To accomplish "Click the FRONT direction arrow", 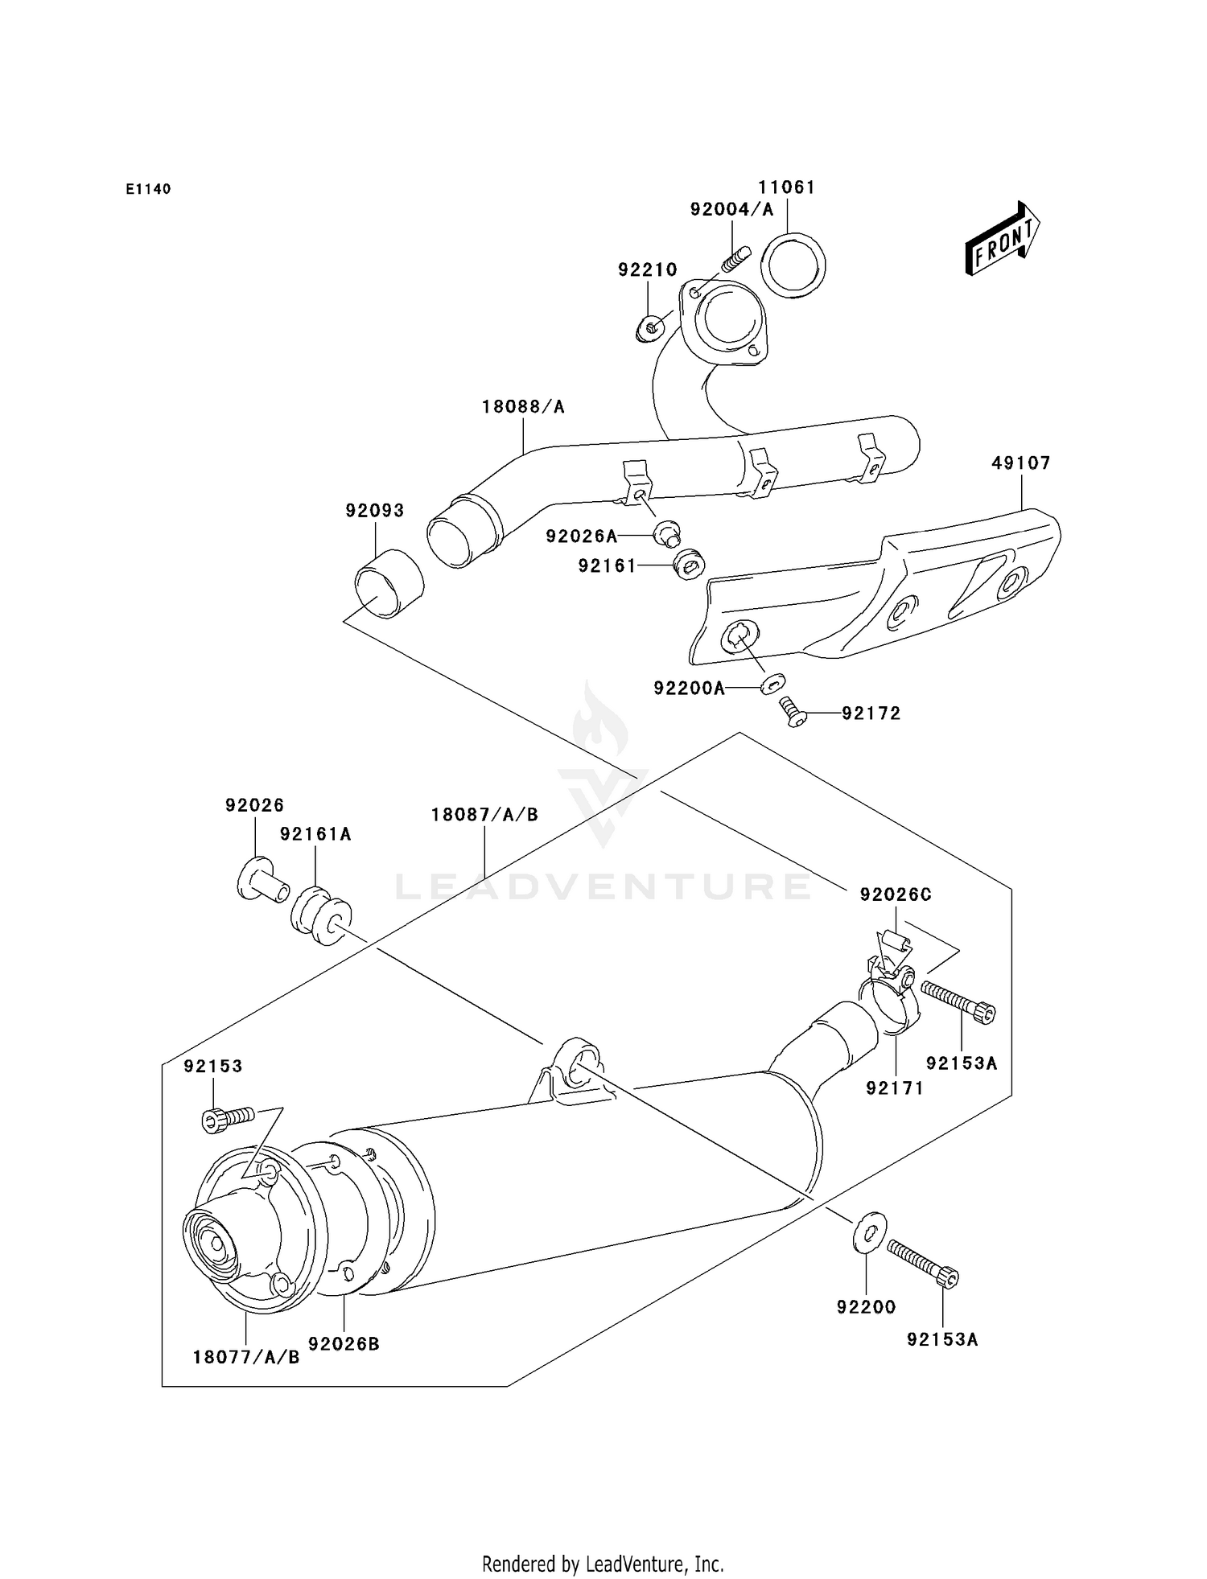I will [x=1003, y=239].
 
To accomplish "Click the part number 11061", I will [x=786, y=187].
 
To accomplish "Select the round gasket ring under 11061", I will [x=793, y=265].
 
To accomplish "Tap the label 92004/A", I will [x=731, y=210].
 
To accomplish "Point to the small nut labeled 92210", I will [x=651, y=327].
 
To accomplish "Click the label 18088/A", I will [x=523, y=407].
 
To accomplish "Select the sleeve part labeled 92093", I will [x=389, y=583].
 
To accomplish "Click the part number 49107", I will [x=1020, y=463].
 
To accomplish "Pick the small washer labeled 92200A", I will [x=771, y=685].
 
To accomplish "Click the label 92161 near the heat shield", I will [x=607, y=566].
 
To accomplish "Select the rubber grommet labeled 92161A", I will [x=320, y=915].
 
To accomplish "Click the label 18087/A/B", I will [x=484, y=815].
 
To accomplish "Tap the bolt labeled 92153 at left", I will [x=227, y=1119].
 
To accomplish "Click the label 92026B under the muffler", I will [x=344, y=1343].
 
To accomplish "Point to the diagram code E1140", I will [x=148, y=189].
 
